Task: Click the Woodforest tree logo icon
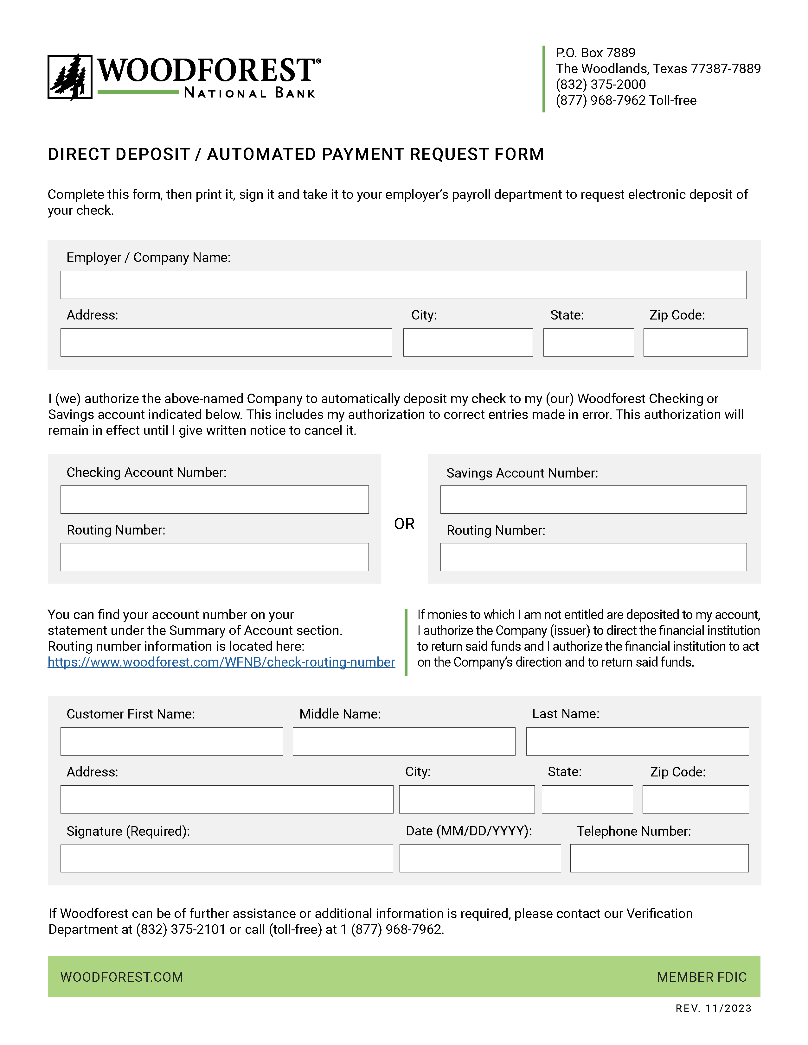[x=70, y=77]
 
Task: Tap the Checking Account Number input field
[x=215, y=499]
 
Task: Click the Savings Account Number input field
[x=593, y=499]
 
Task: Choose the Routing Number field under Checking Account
[x=215, y=557]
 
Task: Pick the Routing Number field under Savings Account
[x=593, y=557]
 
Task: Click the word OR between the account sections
[x=404, y=524]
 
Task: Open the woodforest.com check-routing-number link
[x=221, y=662]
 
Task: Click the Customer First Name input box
[x=171, y=742]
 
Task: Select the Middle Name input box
[x=403, y=742]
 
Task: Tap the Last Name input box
[x=637, y=742]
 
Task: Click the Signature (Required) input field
[x=227, y=858]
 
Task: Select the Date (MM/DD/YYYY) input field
[x=480, y=858]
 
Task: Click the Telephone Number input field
[x=659, y=858]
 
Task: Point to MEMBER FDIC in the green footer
[x=701, y=977]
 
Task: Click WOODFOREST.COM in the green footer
[x=122, y=977]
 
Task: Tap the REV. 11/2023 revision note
[x=713, y=1009]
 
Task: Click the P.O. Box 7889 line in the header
[x=595, y=53]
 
